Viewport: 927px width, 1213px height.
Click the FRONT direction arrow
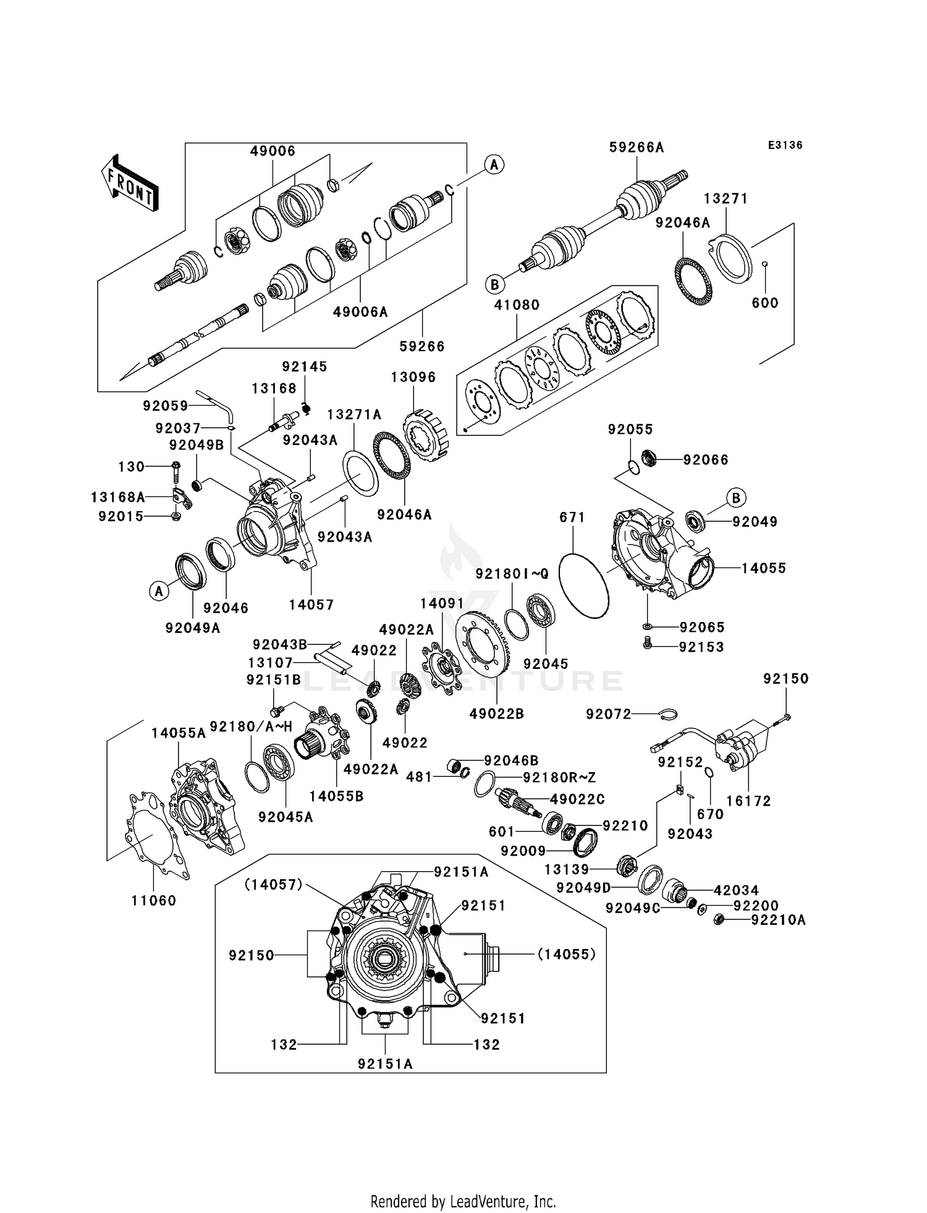(x=130, y=184)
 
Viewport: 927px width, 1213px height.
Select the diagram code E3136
(x=785, y=145)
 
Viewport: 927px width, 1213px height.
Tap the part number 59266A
(x=637, y=147)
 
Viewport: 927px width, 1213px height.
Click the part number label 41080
(x=517, y=305)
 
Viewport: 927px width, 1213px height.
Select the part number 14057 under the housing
(x=311, y=605)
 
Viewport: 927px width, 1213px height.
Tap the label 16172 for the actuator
(x=748, y=801)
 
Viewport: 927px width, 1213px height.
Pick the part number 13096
(x=413, y=377)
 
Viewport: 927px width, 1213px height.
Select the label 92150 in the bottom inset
(x=251, y=955)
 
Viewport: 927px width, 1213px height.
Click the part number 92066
(x=705, y=460)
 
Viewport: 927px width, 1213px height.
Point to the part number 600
(x=764, y=303)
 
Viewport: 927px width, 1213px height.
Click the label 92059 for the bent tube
(x=165, y=406)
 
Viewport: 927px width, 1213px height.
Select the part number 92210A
(x=778, y=921)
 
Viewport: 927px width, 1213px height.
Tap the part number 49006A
(x=360, y=312)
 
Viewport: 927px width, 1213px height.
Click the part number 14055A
(x=179, y=733)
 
